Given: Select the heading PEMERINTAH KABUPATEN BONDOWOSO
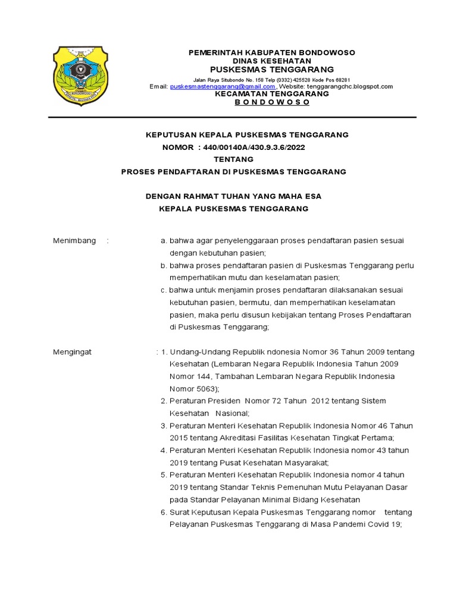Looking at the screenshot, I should [x=271, y=52].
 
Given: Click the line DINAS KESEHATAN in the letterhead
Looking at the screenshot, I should [x=271, y=61].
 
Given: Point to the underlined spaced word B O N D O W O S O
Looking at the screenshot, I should [x=272, y=102].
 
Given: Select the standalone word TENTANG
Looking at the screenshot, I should [x=233, y=159].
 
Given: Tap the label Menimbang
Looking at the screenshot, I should [x=74, y=241].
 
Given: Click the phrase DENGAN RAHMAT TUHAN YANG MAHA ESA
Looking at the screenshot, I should [x=234, y=196].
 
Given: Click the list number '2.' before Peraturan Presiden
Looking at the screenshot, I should [x=164, y=401].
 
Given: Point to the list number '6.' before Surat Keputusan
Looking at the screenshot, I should [x=164, y=513].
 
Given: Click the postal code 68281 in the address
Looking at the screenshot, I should [x=340, y=80].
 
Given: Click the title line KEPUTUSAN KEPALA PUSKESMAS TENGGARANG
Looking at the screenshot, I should [x=247, y=135].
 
